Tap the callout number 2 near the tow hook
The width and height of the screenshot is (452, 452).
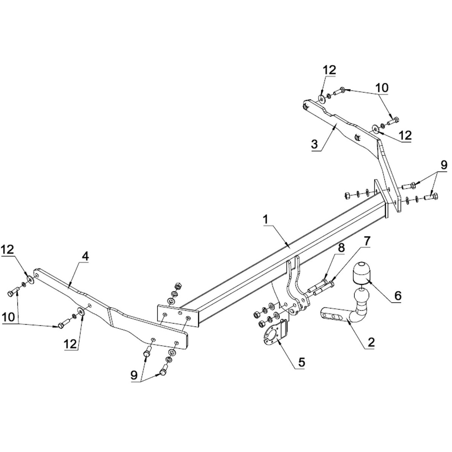pos(371,342)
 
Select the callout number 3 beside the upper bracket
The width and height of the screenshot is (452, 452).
pos(315,144)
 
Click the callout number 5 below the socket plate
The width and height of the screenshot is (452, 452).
pos(301,362)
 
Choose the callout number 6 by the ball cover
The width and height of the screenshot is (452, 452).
pos(398,296)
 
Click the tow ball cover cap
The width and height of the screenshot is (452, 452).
pos(361,273)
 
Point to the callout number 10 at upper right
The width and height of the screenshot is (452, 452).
pos(382,87)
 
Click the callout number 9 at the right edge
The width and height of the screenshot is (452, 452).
pos(444,165)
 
